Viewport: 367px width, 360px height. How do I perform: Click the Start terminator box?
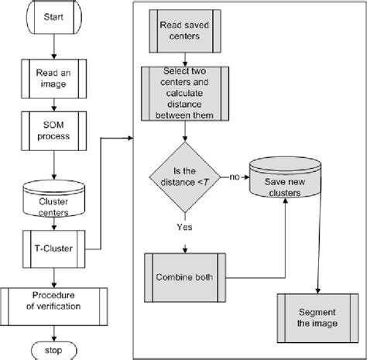[x=53, y=16]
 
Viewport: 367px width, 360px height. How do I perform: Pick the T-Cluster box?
[x=53, y=249]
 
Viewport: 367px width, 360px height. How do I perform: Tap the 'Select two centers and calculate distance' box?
[x=183, y=94]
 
